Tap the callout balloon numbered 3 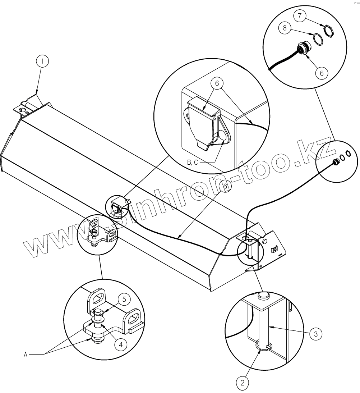[315, 334]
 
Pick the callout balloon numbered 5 [124, 299]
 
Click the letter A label [26, 355]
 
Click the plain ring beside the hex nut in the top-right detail [317, 38]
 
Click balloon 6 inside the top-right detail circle [322, 72]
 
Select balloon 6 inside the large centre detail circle [217, 83]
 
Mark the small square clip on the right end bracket [274, 248]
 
